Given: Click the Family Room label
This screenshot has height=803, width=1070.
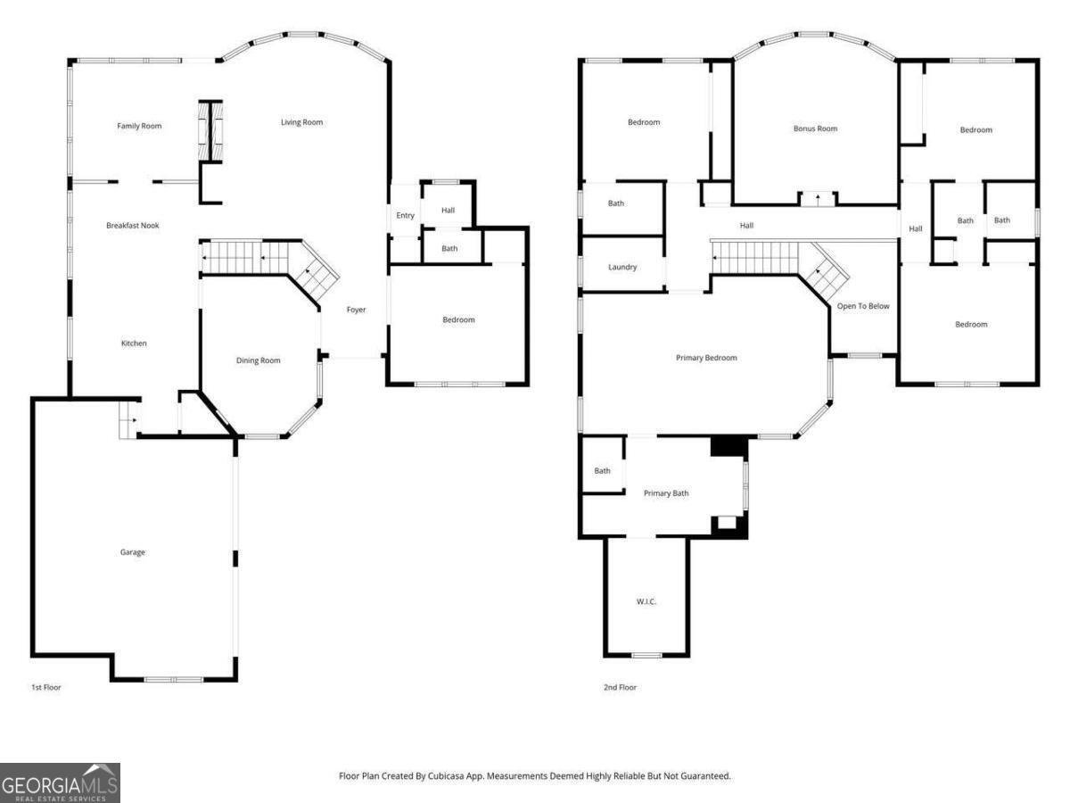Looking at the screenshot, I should (139, 126).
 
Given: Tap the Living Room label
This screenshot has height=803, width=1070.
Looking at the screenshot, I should (301, 122).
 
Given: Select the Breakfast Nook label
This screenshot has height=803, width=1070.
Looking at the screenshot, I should (132, 226).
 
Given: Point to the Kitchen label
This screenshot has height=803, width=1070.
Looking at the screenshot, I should (134, 344).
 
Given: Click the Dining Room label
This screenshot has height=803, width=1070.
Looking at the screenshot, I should (258, 360).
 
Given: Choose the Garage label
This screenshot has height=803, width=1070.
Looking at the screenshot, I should (132, 552).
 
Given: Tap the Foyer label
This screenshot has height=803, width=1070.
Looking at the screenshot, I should (356, 310).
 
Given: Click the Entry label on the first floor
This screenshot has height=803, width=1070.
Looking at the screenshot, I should (405, 215).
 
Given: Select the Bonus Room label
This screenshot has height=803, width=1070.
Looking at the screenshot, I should (815, 128).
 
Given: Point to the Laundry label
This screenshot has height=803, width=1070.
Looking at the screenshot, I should (621, 267).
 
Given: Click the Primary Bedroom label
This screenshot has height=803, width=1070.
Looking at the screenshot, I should (706, 358).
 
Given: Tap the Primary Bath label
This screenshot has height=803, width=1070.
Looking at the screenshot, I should (666, 493).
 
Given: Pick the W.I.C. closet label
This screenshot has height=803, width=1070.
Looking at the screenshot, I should (646, 602).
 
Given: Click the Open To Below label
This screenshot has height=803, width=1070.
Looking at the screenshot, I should (862, 306).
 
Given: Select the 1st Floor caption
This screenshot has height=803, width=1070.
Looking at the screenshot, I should (45, 687).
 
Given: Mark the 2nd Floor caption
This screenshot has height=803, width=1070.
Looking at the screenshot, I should (620, 687).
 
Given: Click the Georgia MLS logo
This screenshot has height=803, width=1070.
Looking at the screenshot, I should (60, 782).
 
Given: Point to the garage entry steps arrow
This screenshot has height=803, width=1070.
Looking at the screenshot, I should (131, 419).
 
